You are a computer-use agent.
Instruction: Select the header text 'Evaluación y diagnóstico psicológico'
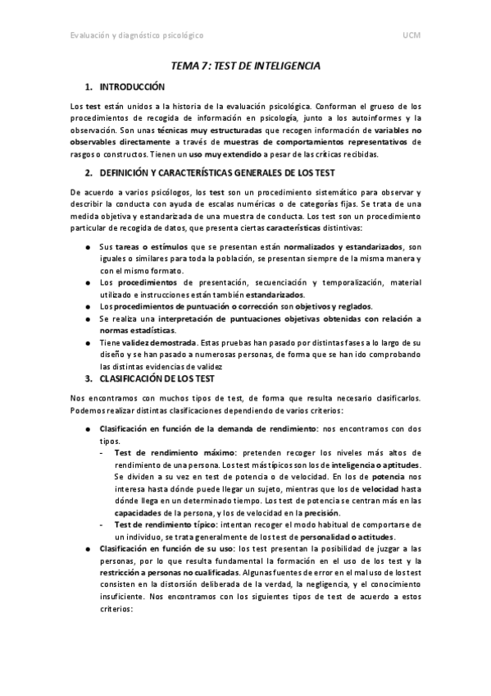click(x=137, y=36)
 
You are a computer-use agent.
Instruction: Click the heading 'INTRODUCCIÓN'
click(x=132, y=86)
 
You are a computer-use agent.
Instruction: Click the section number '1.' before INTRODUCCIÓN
click(x=89, y=86)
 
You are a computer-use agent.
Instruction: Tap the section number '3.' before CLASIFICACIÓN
click(x=89, y=379)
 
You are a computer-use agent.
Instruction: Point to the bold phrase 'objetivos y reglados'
click(x=282, y=306)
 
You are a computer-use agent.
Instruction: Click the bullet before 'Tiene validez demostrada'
click(x=88, y=342)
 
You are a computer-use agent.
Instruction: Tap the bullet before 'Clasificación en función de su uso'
click(x=88, y=547)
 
